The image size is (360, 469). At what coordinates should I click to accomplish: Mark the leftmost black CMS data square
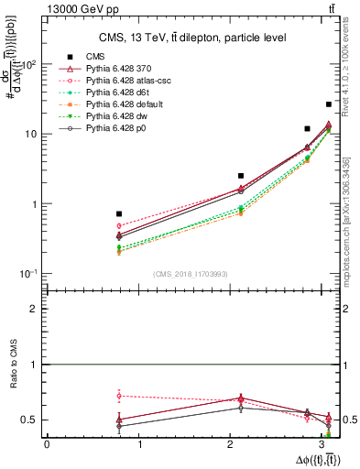click(x=119, y=213)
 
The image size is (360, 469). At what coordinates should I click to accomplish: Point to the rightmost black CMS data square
click(x=329, y=104)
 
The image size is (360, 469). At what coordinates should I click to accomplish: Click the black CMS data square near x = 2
click(x=241, y=175)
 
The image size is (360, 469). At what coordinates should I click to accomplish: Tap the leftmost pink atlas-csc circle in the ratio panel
click(x=119, y=396)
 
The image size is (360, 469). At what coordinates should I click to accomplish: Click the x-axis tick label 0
click(x=47, y=445)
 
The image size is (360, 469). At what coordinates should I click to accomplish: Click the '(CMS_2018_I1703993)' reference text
click(x=191, y=274)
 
